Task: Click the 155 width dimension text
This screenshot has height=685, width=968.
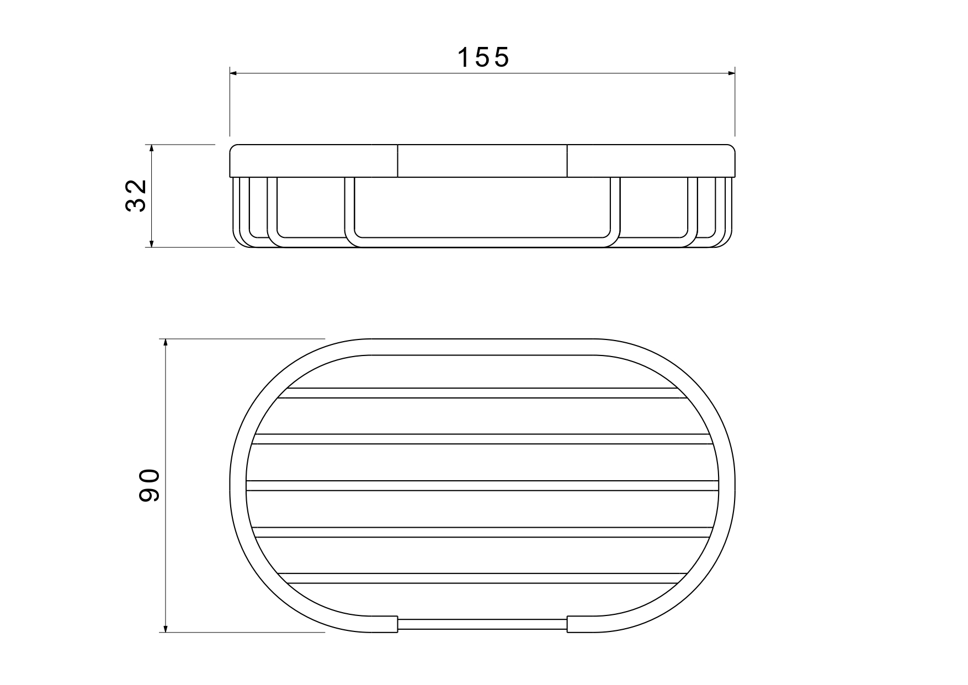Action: pyautogui.click(x=483, y=57)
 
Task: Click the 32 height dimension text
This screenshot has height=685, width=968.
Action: pyautogui.click(x=136, y=196)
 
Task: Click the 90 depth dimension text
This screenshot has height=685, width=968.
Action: pyautogui.click(x=150, y=485)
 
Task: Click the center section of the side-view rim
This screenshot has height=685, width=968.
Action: pyautogui.click(x=482, y=161)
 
